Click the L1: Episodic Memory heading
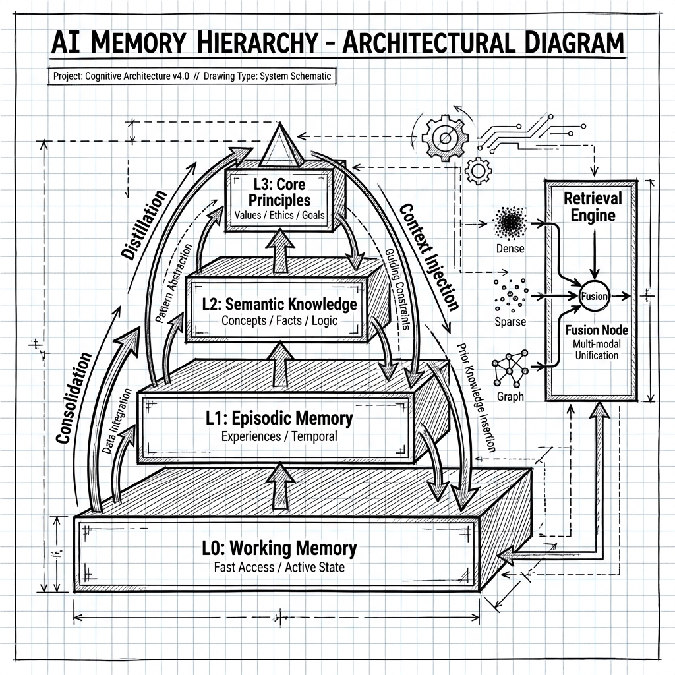[x=278, y=418]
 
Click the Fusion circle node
[x=594, y=296]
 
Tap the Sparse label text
[x=510, y=322]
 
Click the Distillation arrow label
[x=144, y=224]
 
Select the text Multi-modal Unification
[x=592, y=351]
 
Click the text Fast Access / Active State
[x=279, y=567]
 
